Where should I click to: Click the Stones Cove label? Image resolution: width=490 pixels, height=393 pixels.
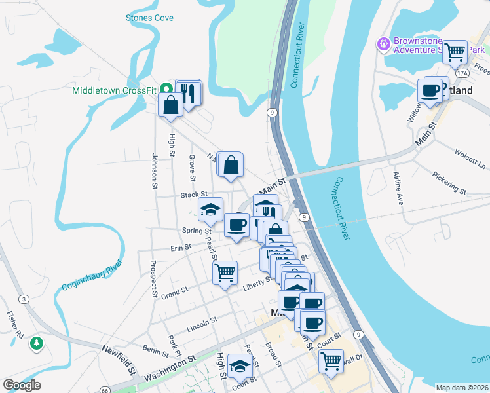[149, 18]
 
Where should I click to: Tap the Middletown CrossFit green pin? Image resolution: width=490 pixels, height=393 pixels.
[166, 88]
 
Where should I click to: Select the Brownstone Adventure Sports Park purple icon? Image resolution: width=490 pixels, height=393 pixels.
[383, 45]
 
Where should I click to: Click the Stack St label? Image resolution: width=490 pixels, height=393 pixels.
[194, 195]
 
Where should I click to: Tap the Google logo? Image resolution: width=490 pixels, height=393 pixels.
[22, 385]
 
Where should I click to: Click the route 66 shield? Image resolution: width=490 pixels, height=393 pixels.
[105, 390]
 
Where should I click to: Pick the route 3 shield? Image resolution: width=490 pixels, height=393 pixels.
[24, 299]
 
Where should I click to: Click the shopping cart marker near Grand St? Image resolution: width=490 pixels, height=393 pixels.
[225, 272]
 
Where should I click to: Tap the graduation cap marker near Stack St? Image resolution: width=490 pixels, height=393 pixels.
[211, 210]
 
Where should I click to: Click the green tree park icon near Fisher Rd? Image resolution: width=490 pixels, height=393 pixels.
[38, 343]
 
